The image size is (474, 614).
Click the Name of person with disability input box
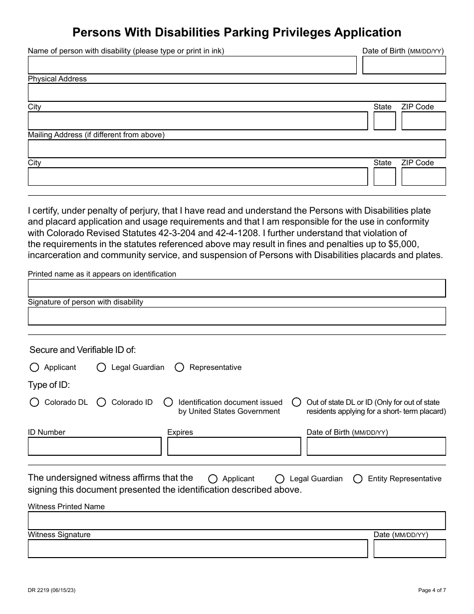[x=192, y=65]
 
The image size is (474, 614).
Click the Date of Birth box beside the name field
[x=404, y=65]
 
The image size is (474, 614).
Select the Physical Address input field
[x=237, y=93]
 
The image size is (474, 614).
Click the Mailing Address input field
[x=237, y=149]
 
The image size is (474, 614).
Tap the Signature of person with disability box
[x=237, y=316]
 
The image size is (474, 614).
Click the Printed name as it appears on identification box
[x=237, y=288]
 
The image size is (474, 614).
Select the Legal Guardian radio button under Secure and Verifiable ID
[x=101, y=367]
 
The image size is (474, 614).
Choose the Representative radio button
[x=179, y=367]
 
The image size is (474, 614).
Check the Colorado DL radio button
[x=34, y=402]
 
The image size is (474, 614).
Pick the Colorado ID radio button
[x=101, y=402]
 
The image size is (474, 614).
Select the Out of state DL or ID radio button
[x=296, y=402]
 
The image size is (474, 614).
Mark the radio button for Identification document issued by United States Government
[x=169, y=402]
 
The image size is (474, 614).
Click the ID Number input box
[x=94, y=446]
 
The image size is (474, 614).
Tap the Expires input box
[x=234, y=446]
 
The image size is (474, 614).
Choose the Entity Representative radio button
[x=358, y=479]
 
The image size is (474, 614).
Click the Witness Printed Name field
[x=237, y=521]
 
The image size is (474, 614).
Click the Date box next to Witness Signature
[x=409, y=549]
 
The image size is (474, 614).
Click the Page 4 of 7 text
[x=432, y=591]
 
